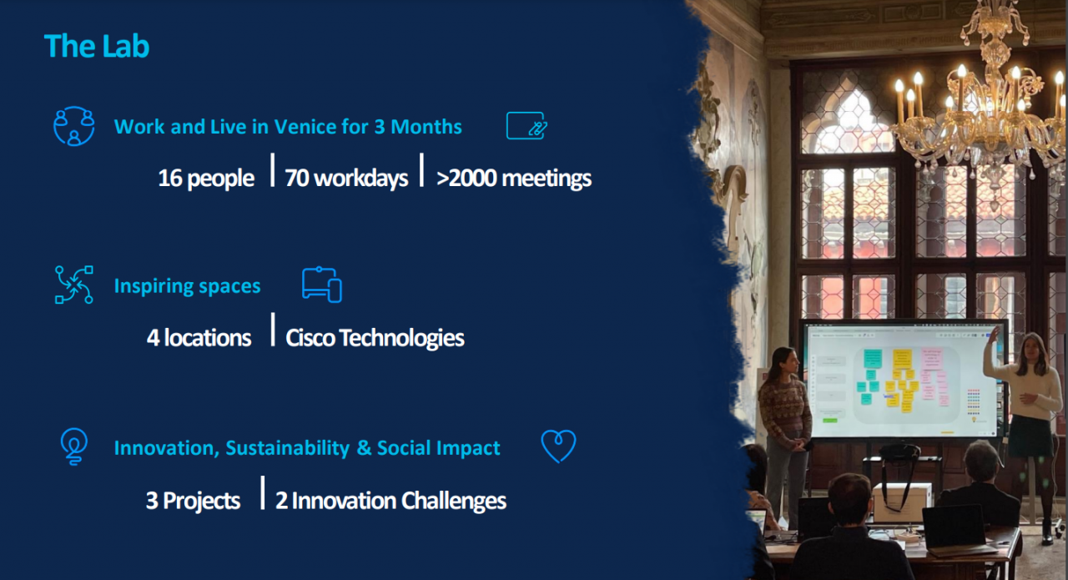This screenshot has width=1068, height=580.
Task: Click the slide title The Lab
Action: (x=97, y=46)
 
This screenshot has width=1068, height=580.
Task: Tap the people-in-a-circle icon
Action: (x=74, y=126)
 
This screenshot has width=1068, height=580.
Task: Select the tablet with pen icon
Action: (x=526, y=126)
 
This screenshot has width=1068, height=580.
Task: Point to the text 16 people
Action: (x=206, y=179)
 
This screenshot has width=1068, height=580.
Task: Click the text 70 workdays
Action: (x=346, y=179)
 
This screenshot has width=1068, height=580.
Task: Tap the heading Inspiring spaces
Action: (x=188, y=286)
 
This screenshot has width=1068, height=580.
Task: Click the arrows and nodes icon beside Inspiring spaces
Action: (x=74, y=285)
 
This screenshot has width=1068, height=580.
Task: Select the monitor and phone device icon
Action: (x=322, y=285)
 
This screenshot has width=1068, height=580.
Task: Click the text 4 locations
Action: (x=199, y=338)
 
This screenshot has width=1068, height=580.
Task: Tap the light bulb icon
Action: (x=74, y=446)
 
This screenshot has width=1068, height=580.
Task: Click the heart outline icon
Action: (x=558, y=446)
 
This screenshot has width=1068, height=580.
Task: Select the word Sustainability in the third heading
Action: (x=288, y=448)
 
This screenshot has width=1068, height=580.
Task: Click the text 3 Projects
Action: (x=193, y=501)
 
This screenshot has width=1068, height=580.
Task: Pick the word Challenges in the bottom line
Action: (x=453, y=501)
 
